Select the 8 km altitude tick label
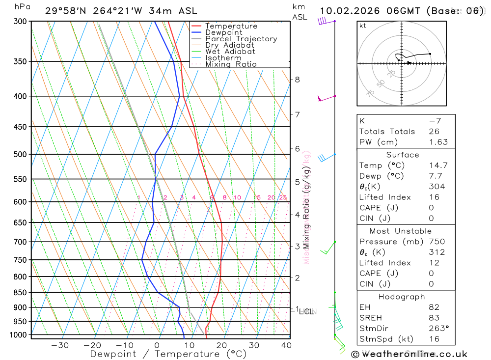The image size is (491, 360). click(x=297, y=80)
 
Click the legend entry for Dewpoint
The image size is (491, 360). click(x=224, y=32)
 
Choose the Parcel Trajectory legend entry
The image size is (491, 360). click(x=241, y=39)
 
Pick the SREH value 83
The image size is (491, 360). click(x=434, y=318)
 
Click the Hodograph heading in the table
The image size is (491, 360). click(x=402, y=297)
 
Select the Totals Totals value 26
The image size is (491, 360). click(x=434, y=131)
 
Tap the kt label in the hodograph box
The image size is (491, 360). click(x=363, y=26)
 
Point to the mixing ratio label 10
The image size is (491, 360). click(x=237, y=197)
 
